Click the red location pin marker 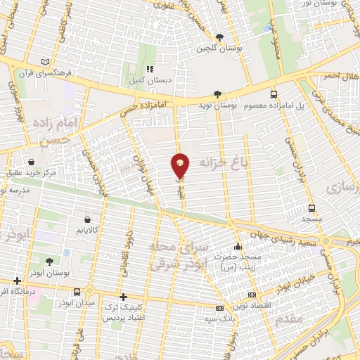coord(181,165)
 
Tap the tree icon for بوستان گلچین coord(219,37)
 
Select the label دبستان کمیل coord(149,81)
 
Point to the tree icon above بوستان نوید coord(217,94)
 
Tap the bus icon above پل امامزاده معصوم coord(274,94)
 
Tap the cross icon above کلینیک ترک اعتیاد coord(124,297)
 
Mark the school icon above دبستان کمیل coord(149,70)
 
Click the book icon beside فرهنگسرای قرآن coord(46,60)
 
